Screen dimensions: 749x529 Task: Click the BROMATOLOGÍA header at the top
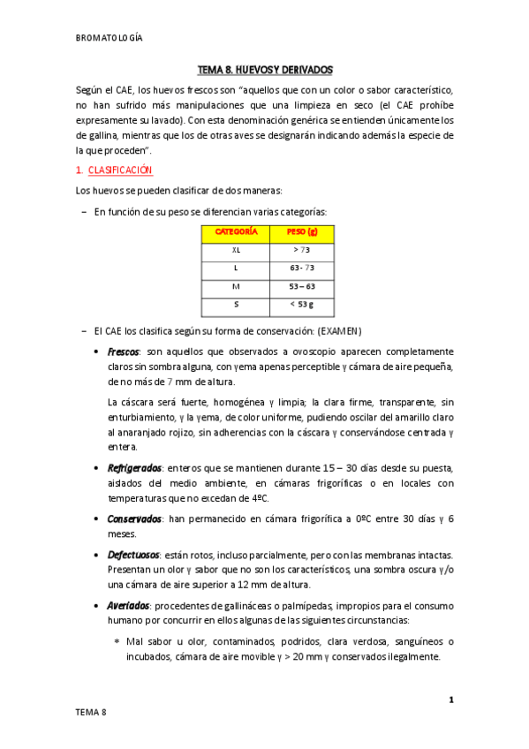[110, 37]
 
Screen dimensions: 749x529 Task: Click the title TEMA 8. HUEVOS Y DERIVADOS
[264, 69]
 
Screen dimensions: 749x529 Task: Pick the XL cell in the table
[236, 250]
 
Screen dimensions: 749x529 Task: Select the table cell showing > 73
[302, 250]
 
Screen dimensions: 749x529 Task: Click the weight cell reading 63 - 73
[302, 269]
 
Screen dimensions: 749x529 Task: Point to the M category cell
[236, 287]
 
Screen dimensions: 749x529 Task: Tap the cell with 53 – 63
[302, 287]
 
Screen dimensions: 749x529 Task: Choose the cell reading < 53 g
[302, 306]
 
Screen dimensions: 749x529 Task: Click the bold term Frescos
[125, 351]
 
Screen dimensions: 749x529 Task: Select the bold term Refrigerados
[134, 467]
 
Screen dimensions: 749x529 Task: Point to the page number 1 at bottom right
[451, 700]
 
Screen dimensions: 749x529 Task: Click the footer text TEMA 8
[91, 712]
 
